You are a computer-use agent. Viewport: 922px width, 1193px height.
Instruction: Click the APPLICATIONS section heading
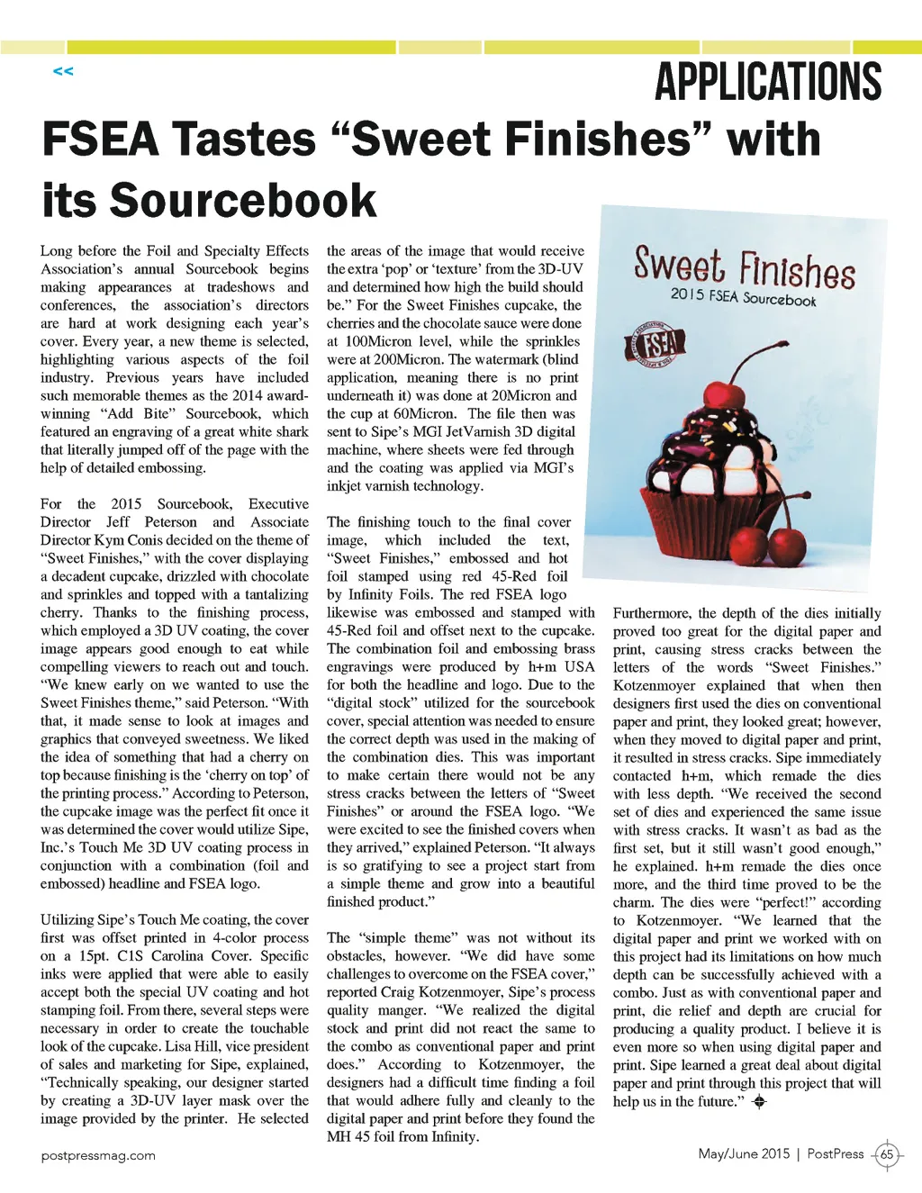[767, 82]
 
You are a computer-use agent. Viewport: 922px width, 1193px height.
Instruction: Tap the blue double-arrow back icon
[63, 71]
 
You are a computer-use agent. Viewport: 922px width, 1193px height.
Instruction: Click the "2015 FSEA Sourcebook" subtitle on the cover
[743, 297]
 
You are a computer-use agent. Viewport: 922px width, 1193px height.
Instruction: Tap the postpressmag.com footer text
[98, 1155]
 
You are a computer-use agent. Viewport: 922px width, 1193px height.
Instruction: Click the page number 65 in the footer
[887, 1154]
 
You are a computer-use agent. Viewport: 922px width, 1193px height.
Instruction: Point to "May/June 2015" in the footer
[744, 1153]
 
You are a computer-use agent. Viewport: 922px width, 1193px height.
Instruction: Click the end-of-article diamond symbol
[758, 1101]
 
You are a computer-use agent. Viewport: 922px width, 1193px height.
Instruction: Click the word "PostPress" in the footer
[835, 1153]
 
